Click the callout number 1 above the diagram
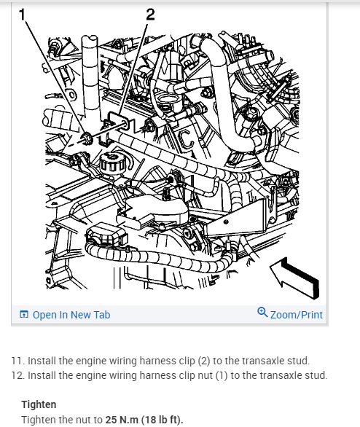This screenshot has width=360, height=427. (x=22, y=15)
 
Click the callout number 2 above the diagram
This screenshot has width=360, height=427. (x=150, y=15)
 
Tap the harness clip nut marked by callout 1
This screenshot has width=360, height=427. (x=87, y=138)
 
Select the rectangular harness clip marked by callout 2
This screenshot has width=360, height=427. (x=119, y=122)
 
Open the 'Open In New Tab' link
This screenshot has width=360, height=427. (x=71, y=315)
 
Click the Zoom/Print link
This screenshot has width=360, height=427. (x=297, y=315)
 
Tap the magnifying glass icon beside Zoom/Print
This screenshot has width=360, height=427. (x=262, y=313)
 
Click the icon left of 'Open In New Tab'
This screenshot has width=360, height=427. (x=24, y=315)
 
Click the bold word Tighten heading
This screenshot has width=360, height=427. (x=39, y=404)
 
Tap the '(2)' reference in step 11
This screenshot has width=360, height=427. (x=204, y=361)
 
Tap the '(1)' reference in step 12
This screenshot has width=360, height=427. (x=222, y=375)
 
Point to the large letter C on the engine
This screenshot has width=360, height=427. (x=187, y=139)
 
